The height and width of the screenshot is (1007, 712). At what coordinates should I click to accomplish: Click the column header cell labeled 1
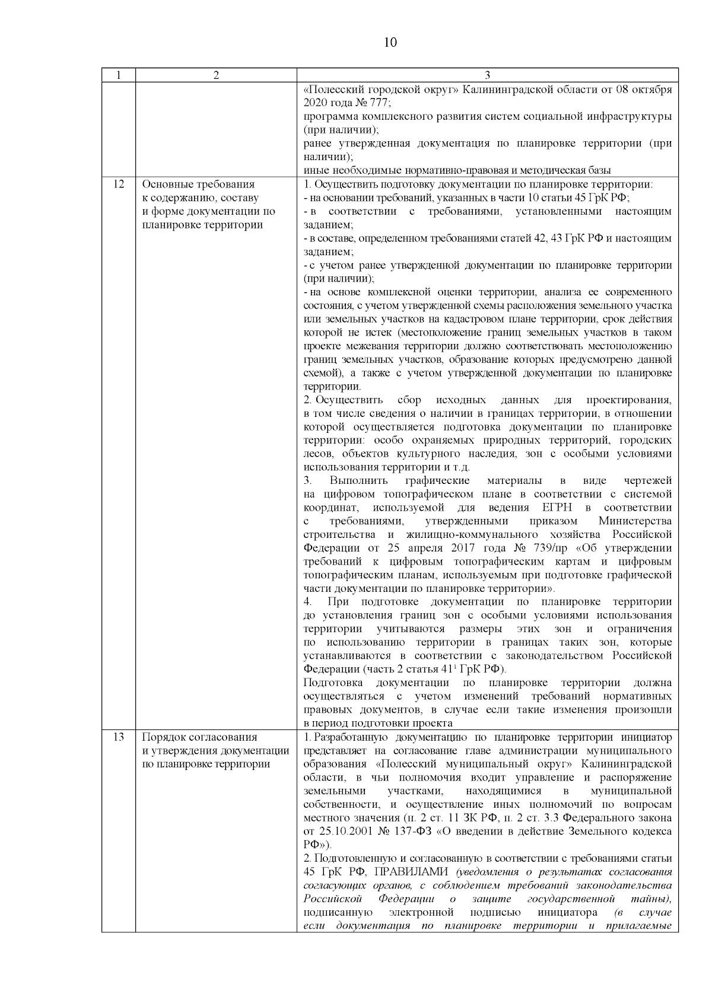[x=118, y=75]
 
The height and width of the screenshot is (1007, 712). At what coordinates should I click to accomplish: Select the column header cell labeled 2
[x=216, y=75]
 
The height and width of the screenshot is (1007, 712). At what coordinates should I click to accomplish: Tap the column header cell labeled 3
[x=487, y=75]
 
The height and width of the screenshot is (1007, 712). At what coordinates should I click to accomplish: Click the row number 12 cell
[x=118, y=184]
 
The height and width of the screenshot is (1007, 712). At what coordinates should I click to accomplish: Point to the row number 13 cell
[x=118, y=737]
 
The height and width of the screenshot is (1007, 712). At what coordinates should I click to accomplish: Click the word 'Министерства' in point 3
[x=635, y=521]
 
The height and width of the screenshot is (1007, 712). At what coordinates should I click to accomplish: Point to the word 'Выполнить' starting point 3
[x=358, y=480]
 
